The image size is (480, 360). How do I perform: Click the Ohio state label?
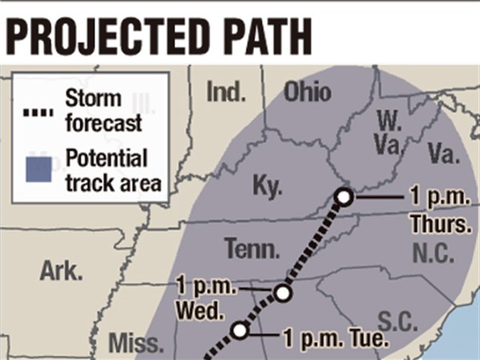pyautogui.click(x=307, y=92)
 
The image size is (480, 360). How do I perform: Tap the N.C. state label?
pyautogui.click(x=433, y=254)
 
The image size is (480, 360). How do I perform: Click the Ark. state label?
pyautogui.click(x=61, y=271)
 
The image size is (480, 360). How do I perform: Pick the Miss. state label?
pyautogui.click(x=135, y=344)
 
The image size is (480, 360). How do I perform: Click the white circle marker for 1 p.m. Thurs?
pyautogui.click(x=344, y=197)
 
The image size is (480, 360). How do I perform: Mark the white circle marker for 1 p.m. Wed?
pyautogui.click(x=282, y=294)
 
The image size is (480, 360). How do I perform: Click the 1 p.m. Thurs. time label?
pyautogui.click(x=437, y=210)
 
